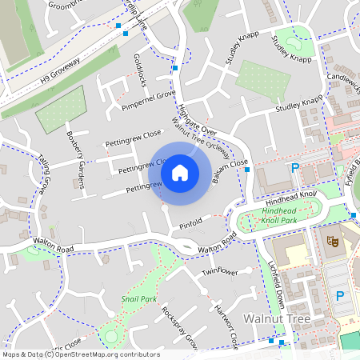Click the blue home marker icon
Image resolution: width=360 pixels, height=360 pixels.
tap(180, 172)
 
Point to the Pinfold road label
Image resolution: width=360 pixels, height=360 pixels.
tap(190, 223)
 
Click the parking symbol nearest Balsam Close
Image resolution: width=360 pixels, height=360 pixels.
tap(295, 168)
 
